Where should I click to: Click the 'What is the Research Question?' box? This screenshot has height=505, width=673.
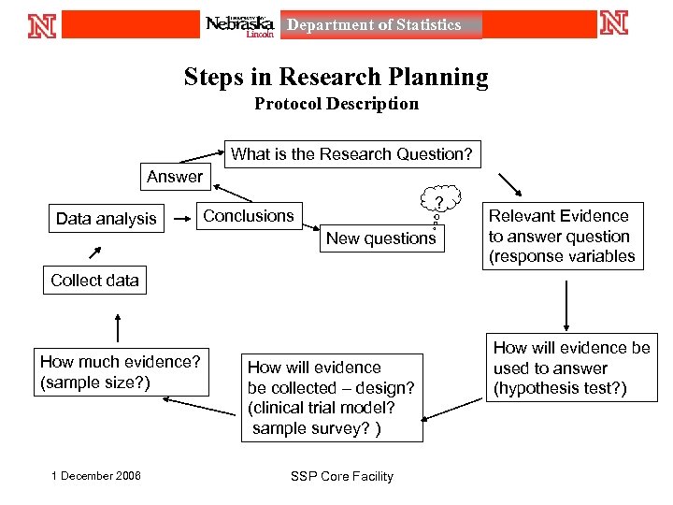tap(351, 154)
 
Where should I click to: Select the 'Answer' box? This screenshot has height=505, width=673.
tap(175, 176)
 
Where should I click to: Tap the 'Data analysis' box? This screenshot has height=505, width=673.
tap(107, 219)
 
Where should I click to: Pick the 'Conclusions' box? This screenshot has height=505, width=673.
tap(249, 216)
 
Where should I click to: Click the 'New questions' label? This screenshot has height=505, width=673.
tap(380, 238)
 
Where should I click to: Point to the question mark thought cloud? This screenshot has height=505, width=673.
tap(438, 203)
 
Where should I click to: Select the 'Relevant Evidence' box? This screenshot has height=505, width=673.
tap(562, 237)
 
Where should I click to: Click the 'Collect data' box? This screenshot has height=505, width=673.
tap(94, 280)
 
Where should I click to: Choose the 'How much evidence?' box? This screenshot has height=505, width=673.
tap(121, 371)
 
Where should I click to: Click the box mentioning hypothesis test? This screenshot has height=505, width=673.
tap(571, 368)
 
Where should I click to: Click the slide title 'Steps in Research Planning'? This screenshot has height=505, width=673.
tap(336, 77)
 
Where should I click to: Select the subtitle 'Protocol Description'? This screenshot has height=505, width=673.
tap(336, 104)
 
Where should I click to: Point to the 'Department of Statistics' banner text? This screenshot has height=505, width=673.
tap(374, 25)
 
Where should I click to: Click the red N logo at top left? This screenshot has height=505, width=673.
tap(42, 24)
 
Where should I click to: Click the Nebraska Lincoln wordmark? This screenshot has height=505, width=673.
tap(240, 25)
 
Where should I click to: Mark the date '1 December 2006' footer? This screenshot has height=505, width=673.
tap(96, 476)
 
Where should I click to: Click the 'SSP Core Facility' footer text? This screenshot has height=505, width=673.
tap(342, 476)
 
